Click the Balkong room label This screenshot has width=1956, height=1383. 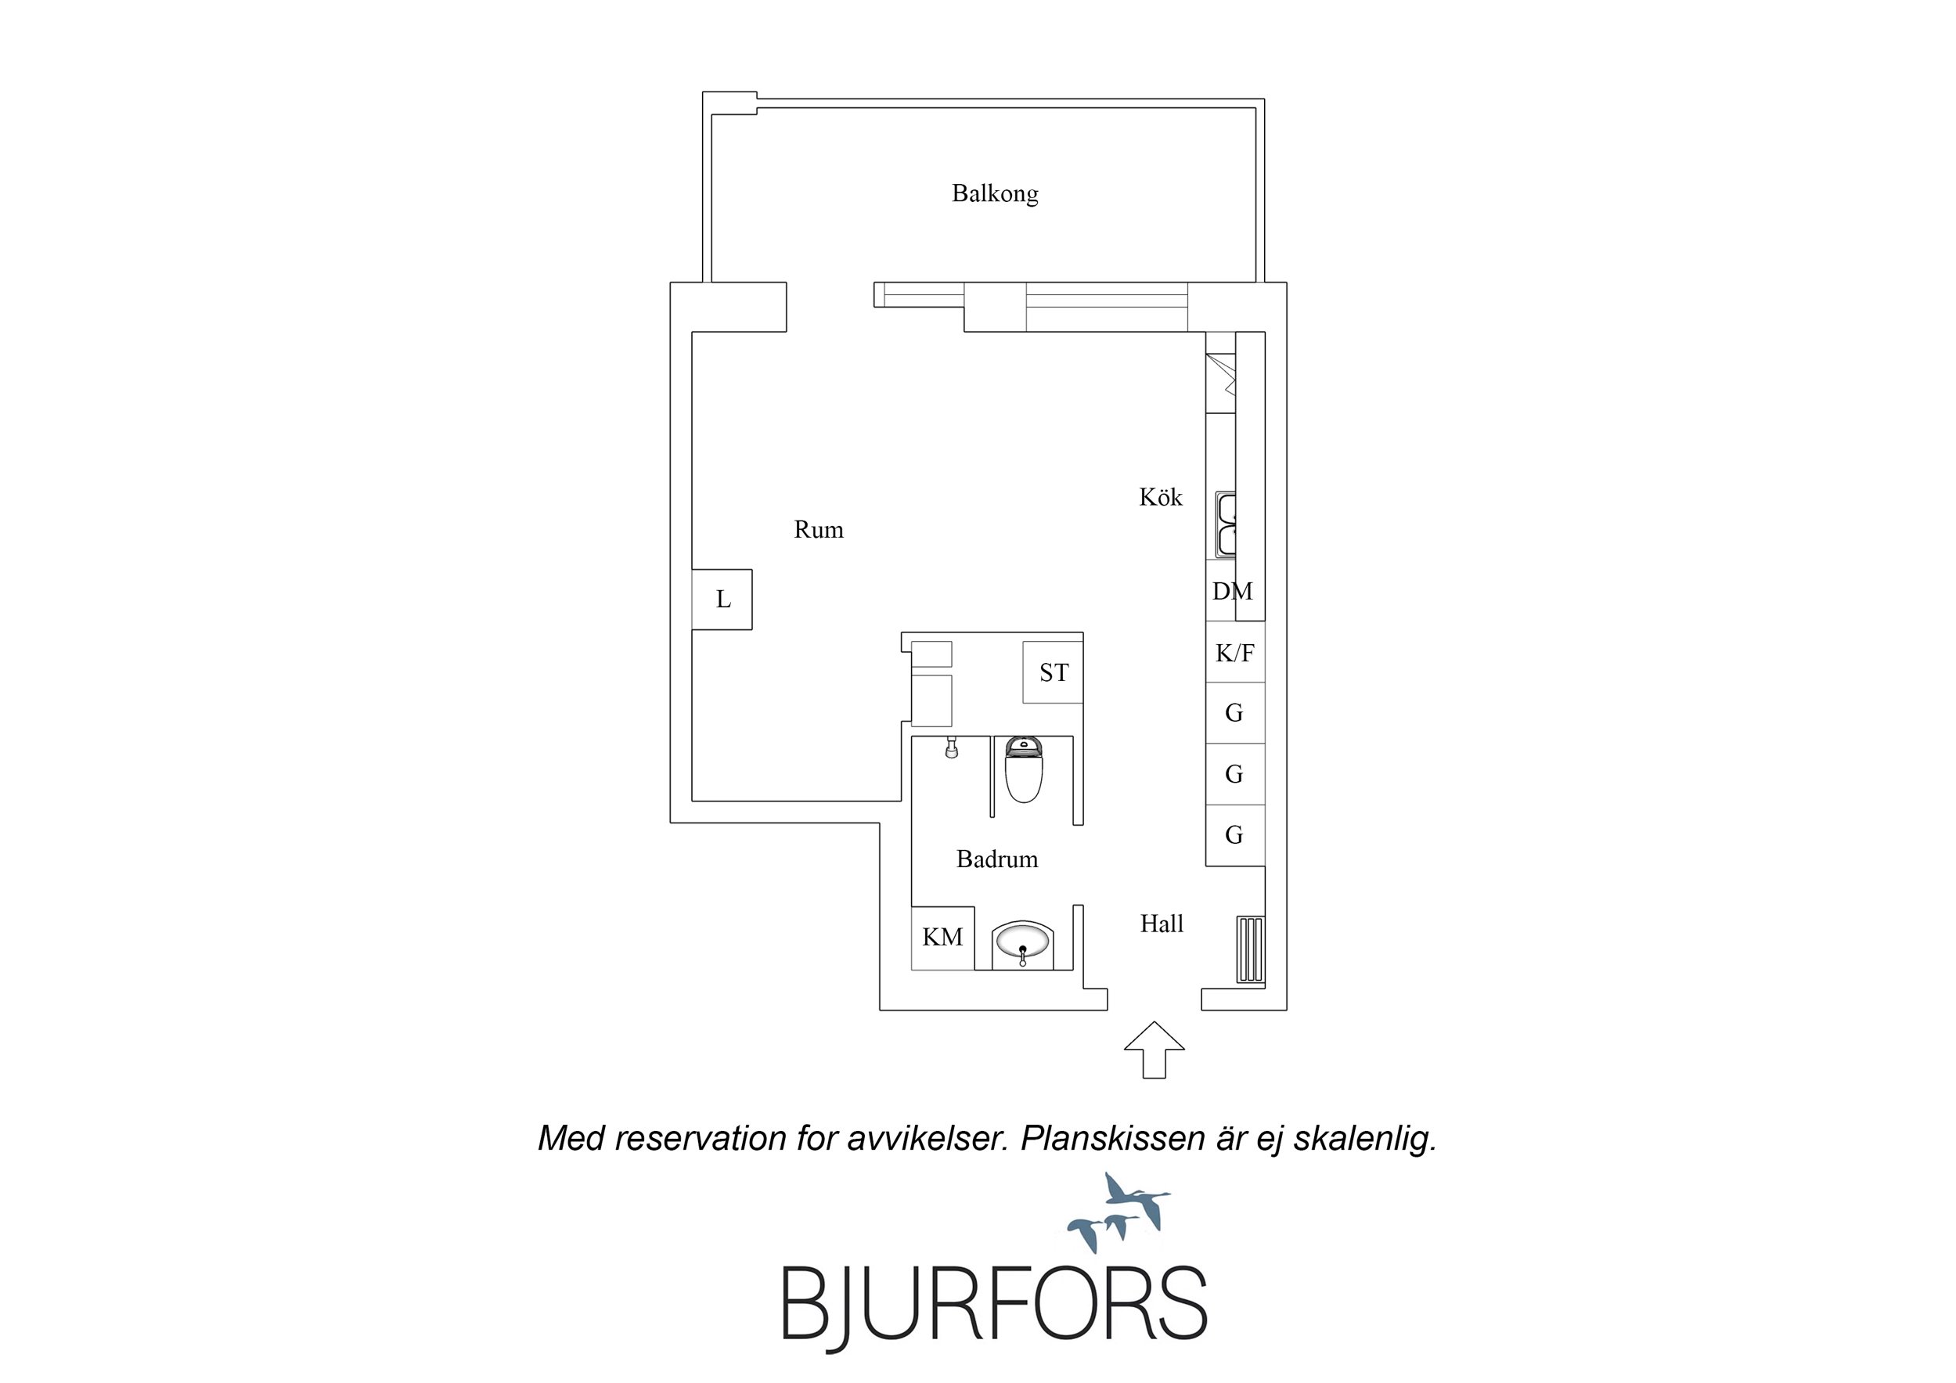click(995, 193)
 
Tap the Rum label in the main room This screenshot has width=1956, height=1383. click(819, 529)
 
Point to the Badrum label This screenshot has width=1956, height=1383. click(996, 858)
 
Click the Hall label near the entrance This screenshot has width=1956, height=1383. click(1162, 924)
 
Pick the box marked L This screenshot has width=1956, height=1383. click(722, 600)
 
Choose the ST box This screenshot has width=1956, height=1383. click(1053, 672)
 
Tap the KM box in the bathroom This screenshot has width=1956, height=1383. click(943, 938)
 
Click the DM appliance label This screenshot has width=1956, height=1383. click(1233, 590)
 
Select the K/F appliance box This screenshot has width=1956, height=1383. click(1235, 653)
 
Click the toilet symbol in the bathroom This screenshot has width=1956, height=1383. click(1023, 770)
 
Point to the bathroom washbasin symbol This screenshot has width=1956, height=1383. click(1022, 944)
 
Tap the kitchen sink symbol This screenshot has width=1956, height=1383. click(1226, 524)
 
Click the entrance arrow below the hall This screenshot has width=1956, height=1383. click(1155, 1050)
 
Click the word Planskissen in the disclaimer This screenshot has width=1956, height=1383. click(1112, 1140)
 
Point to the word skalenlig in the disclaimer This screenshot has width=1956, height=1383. click(1365, 1140)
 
